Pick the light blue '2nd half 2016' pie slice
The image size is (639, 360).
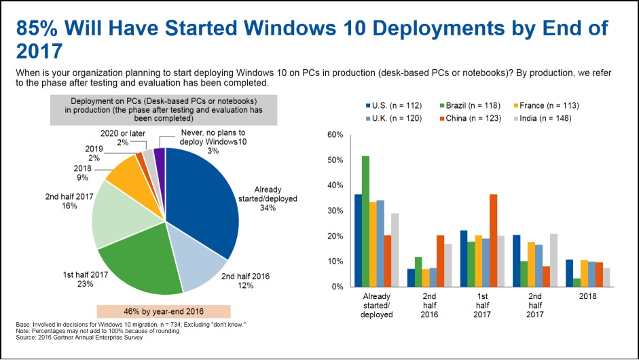point(196,257)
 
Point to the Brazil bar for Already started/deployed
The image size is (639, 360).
point(365,221)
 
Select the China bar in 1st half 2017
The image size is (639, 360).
point(493,240)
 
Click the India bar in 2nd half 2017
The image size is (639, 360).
point(553,260)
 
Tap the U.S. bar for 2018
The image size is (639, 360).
point(569,273)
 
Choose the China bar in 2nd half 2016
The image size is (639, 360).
point(440,261)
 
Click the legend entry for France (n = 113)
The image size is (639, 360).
point(546,105)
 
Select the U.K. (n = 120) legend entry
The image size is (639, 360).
point(394,119)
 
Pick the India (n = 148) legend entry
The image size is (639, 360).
point(543,119)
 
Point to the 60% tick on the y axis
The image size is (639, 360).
point(335,134)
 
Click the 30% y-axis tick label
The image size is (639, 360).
point(335,211)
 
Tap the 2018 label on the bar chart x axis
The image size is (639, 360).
point(587,296)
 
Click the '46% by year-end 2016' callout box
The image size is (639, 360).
point(164,312)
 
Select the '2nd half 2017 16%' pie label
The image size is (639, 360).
point(69,201)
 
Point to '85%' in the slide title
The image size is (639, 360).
point(37,28)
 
